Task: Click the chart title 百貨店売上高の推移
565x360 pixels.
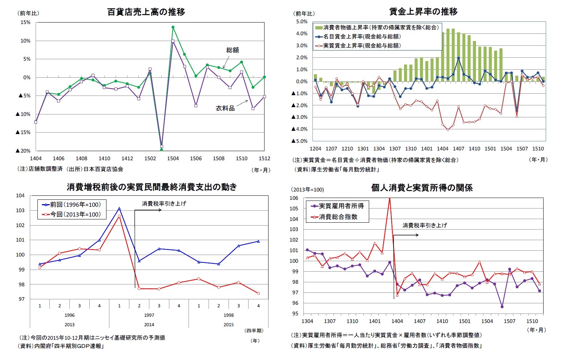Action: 146,12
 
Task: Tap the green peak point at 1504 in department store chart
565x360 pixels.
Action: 173,27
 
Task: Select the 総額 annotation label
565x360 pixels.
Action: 233,50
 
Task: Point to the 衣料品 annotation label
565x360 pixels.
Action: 225,108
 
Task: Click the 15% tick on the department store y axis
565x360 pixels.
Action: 25,23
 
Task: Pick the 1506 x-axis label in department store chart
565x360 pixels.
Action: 196,158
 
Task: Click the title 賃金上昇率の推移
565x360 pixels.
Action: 423,12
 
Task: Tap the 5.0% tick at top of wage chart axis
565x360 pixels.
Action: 302,22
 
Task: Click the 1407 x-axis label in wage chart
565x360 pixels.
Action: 459,149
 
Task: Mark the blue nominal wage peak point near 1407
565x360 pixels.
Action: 459,58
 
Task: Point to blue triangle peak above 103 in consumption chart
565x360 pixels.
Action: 119,209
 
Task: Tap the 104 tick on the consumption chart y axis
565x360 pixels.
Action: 20,195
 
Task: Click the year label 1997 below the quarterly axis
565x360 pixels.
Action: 149,315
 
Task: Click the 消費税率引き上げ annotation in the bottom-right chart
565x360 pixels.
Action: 424,225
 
